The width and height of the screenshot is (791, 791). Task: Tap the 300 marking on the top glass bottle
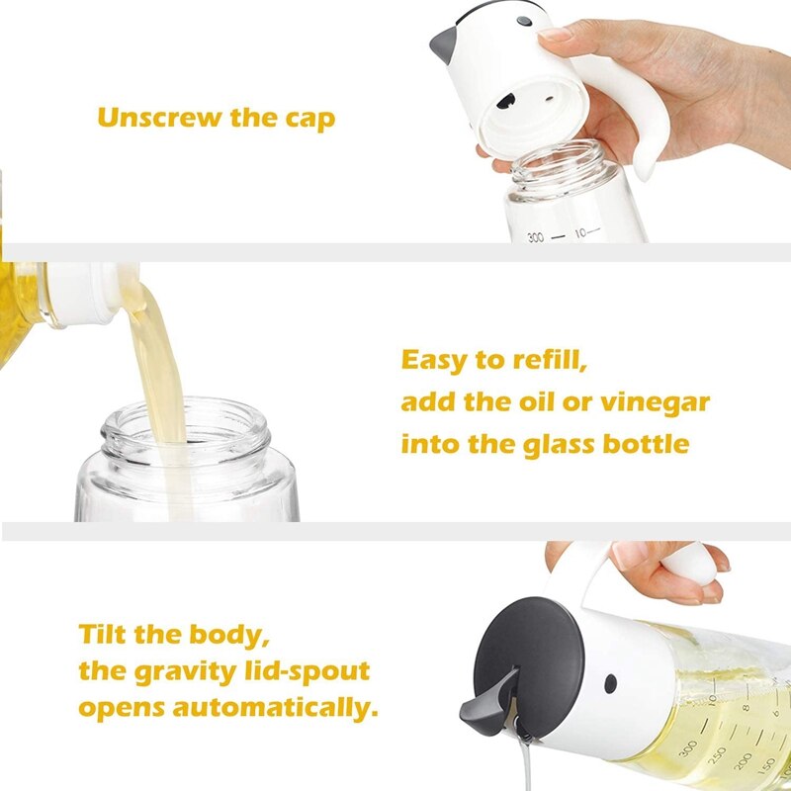(x=535, y=237)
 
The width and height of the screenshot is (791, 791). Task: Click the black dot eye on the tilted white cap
(x=611, y=683)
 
